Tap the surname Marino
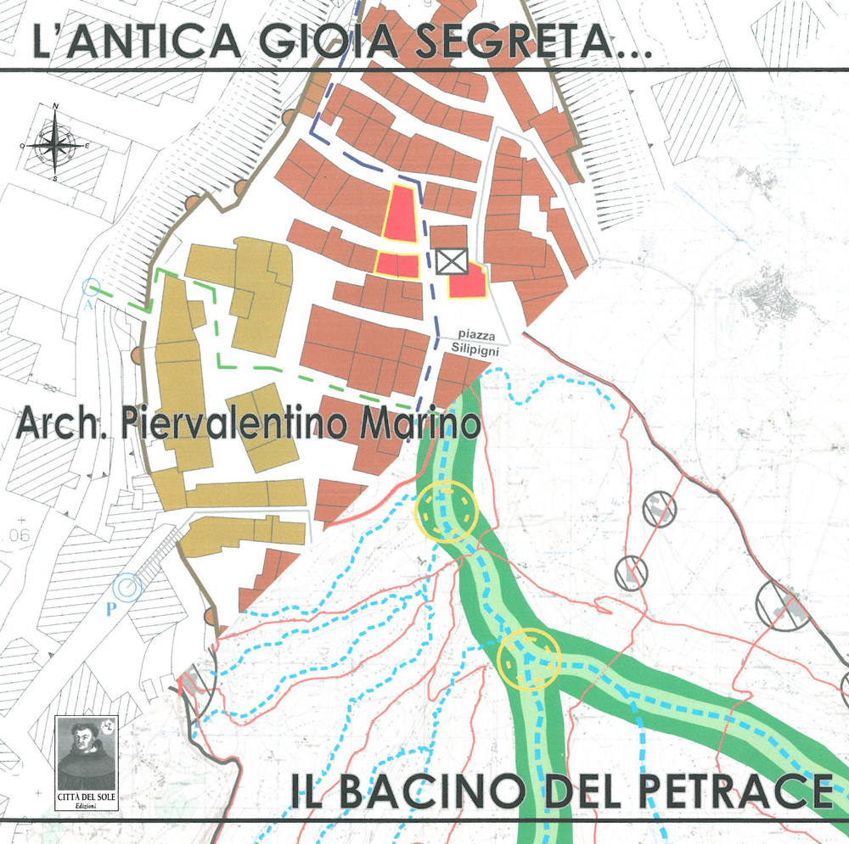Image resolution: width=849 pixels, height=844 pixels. (420, 423)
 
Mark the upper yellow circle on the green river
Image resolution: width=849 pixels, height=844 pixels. (447, 511)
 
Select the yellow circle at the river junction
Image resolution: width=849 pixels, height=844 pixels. (530, 658)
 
